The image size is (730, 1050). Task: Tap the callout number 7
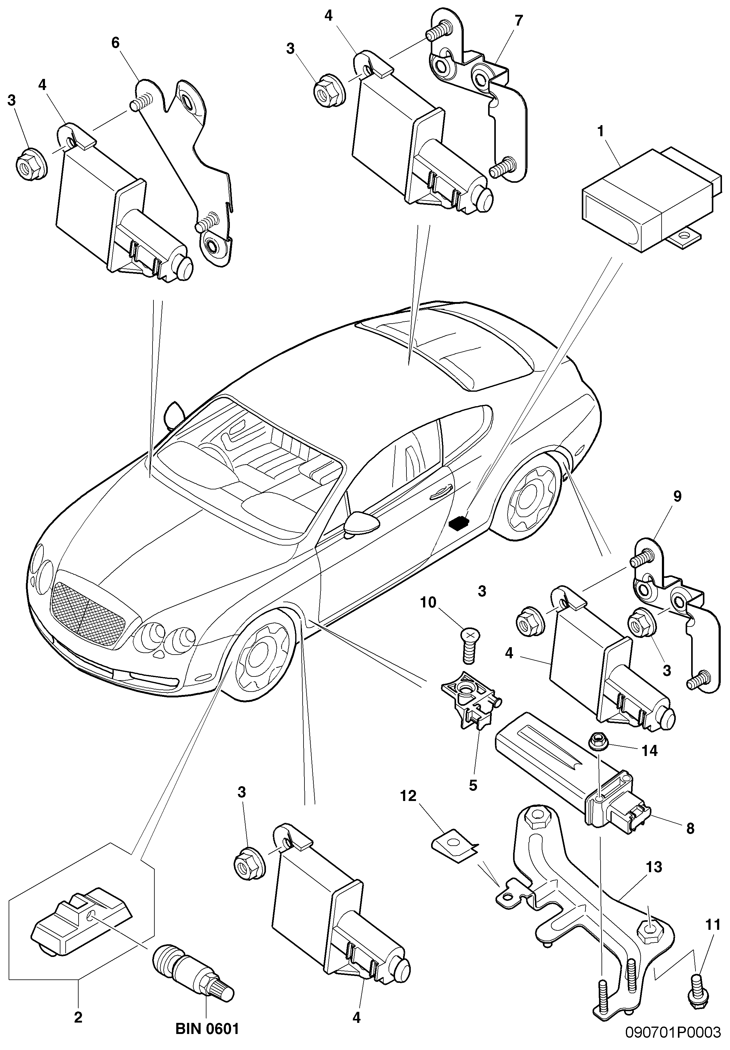tap(519, 21)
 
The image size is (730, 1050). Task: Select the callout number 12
tap(409, 796)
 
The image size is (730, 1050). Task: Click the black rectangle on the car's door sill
tap(460, 523)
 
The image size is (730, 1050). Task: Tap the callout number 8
tap(690, 828)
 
